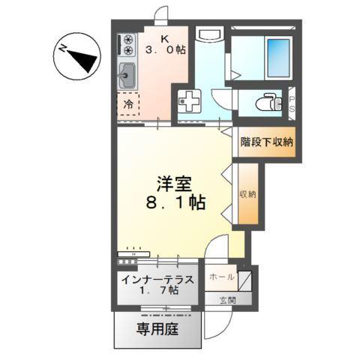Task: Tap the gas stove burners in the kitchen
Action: coord(127,44)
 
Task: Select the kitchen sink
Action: coord(127,75)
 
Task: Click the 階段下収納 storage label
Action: coord(267,141)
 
